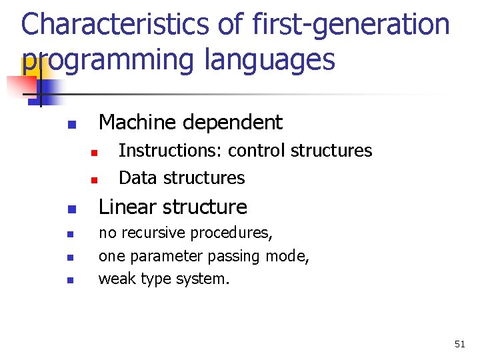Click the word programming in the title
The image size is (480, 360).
click(x=108, y=60)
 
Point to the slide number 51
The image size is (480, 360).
click(x=460, y=344)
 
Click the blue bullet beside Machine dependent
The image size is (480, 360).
click(x=72, y=125)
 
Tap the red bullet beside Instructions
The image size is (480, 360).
click(x=94, y=153)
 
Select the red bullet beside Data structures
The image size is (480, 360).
click(x=94, y=180)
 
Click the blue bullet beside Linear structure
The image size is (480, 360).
click(x=72, y=209)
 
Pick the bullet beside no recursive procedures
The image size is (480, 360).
click(x=71, y=234)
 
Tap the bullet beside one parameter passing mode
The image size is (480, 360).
click(x=71, y=257)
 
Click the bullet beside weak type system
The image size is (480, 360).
click(x=71, y=280)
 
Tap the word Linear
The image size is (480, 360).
click(x=127, y=207)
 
